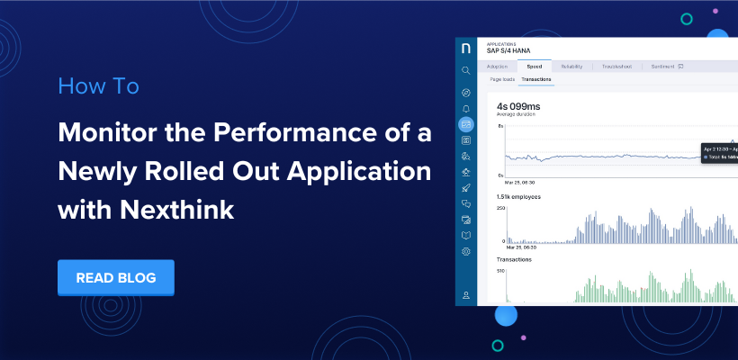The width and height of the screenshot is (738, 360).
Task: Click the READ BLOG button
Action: click(115, 278)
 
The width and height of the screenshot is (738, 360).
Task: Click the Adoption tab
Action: click(498, 67)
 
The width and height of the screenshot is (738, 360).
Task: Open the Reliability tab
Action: click(572, 67)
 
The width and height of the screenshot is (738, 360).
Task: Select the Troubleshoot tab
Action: click(616, 67)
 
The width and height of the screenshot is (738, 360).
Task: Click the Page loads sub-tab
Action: click(501, 79)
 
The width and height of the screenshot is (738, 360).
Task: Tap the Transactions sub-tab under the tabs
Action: click(537, 79)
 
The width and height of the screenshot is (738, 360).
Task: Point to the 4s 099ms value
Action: click(520, 106)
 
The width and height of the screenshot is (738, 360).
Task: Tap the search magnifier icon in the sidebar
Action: click(465, 70)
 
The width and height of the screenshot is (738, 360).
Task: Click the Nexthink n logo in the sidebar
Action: click(465, 48)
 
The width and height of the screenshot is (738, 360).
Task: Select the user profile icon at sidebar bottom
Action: click(465, 294)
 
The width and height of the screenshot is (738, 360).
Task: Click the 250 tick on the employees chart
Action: click(500, 208)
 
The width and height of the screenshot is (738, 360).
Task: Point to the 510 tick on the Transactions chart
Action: click(500, 270)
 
